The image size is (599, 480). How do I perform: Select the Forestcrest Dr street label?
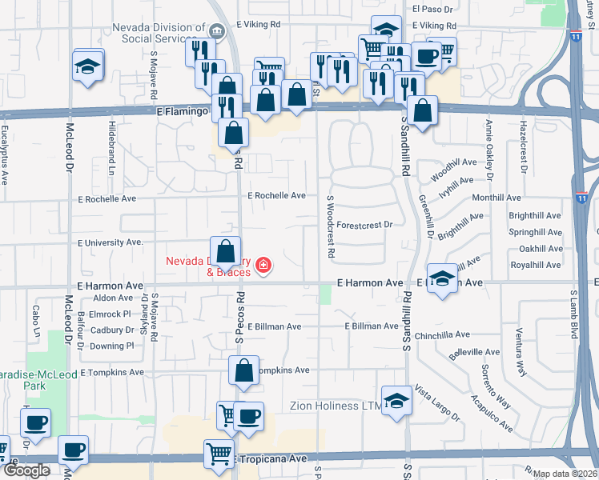364,225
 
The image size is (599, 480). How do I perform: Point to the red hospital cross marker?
264,265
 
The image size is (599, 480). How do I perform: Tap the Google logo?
26,470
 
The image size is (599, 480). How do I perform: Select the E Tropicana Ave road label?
271,459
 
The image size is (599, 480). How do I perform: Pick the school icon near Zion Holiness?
396,401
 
